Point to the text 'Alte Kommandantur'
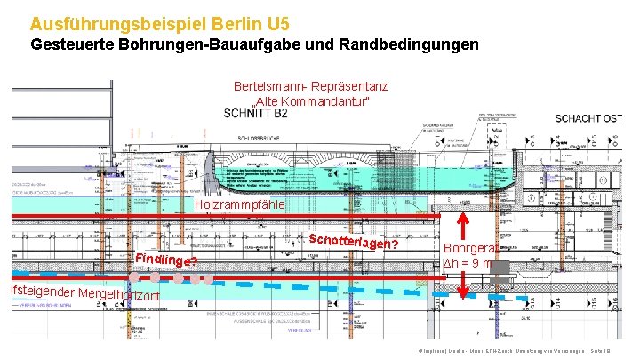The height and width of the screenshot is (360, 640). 310,103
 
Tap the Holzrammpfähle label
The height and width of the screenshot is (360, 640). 239,205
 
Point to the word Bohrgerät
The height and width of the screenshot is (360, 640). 472,248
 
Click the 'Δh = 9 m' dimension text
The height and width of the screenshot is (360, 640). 471,264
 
